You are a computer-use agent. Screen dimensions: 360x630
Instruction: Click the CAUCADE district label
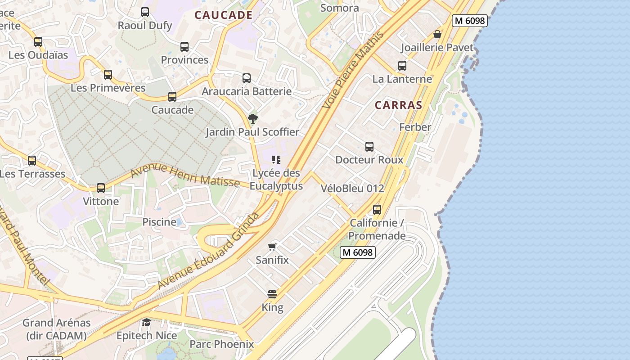[x=223, y=15]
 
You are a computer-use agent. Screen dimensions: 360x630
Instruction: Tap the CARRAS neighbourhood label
[x=398, y=105]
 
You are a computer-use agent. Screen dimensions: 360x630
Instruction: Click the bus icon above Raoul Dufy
[x=145, y=12]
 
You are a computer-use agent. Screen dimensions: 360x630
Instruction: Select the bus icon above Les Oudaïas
[x=38, y=42]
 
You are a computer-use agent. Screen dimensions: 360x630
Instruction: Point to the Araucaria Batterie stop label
[x=247, y=91]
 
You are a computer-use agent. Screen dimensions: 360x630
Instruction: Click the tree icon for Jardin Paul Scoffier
[x=253, y=119]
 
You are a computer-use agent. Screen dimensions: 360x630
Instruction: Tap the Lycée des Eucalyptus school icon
[x=276, y=160]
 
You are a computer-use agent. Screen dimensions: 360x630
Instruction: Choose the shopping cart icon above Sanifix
[x=272, y=247]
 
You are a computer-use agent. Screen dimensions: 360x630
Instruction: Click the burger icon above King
[x=272, y=294]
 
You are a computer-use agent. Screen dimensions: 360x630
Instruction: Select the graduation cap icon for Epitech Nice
[x=147, y=322]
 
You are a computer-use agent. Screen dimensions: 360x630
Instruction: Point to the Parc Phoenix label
[x=221, y=344]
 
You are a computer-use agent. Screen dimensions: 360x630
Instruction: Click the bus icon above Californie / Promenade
[x=377, y=210]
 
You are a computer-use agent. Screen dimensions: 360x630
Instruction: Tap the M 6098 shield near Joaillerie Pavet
[x=470, y=21]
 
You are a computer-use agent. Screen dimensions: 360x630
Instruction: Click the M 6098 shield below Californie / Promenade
[x=357, y=252]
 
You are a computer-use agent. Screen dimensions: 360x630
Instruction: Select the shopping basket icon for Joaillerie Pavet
[x=437, y=34]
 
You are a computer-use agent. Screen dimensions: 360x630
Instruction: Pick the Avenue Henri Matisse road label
[x=185, y=176]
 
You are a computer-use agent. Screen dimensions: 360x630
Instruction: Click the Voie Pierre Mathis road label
[x=354, y=70]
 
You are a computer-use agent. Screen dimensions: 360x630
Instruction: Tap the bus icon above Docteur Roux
[x=369, y=147]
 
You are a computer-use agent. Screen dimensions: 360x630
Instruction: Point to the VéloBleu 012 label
[x=352, y=189]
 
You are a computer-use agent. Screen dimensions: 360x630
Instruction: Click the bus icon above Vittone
[x=101, y=188]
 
